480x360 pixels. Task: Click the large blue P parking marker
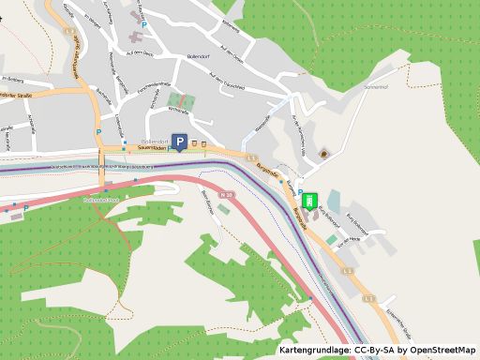pyautogui.click(x=178, y=143)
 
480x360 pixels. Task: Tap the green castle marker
pyautogui.click(x=308, y=200)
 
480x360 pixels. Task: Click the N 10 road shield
pyautogui.click(x=225, y=194)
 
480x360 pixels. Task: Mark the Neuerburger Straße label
pyautogui.click(x=21, y=94)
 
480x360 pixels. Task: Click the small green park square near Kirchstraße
pyautogui.click(x=181, y=101)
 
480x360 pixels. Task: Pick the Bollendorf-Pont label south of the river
pyautogui.click(x=100, y=200)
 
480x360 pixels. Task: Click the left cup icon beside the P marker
pyautogui.click(x=195, y=143)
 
